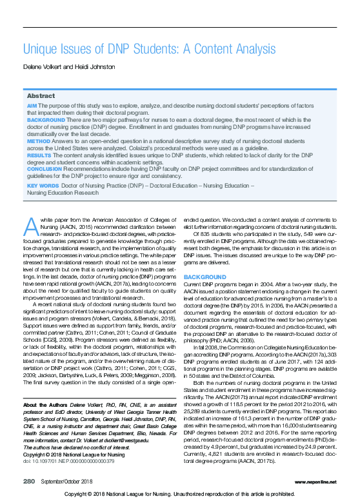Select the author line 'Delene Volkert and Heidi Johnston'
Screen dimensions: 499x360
(x=68, y=67)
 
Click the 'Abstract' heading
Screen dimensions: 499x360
(x=41, y=95)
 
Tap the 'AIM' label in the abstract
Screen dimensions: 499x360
(x=32, y=105)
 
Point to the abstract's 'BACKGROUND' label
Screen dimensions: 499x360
(x=45, y=119)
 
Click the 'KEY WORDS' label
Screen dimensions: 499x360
(x=41, y=186)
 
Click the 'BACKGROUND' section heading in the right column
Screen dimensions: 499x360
(x=205, y=277)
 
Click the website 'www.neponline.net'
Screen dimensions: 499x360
(x=312, y=482)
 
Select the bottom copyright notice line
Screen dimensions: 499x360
(x=180, y=493)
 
